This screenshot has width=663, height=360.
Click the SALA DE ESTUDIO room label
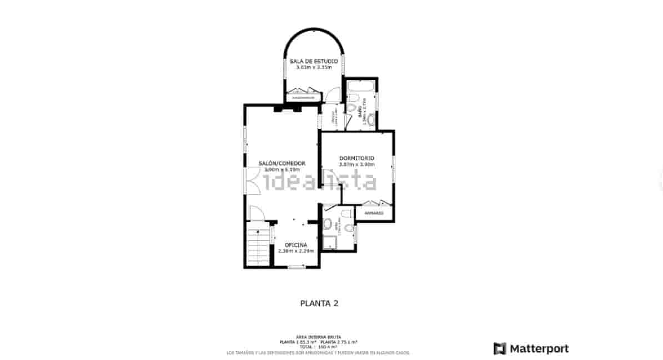[x=314, y=61]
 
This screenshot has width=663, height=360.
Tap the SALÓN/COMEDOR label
[x=282, y=163]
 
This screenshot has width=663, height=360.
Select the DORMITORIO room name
[x=356, y=158]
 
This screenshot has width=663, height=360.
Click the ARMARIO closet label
[x=374, y=213]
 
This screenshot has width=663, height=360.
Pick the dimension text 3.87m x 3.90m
[x=357, y=164]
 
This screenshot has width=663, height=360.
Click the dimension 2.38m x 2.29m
[x=295, y=251]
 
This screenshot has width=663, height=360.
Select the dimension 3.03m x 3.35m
[x=314, y=67]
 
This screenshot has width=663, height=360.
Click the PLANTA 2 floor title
[x=319, y=303]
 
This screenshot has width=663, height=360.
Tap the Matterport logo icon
[x=500, y=349]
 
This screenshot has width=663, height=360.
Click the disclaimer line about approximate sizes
[x=318, y=353]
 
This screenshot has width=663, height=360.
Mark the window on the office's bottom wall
[x=296, y=267]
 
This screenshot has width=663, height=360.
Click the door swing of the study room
[x=333, y=95]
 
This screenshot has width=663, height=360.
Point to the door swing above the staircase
[x=256, y=213]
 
